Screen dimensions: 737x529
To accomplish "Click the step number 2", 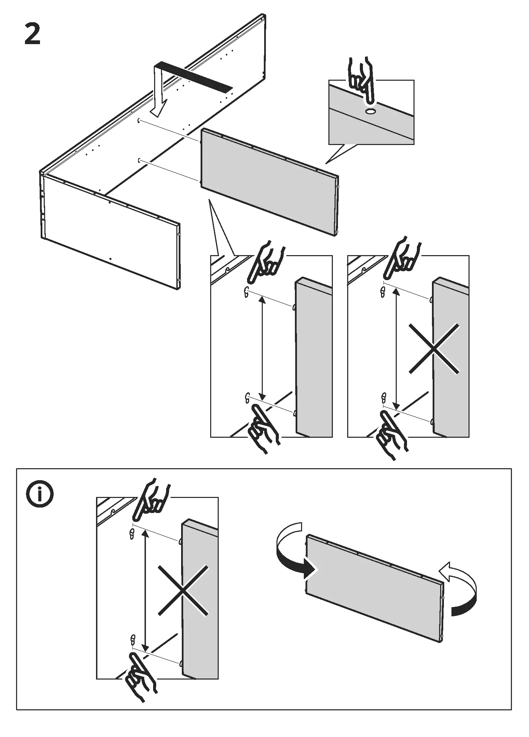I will (x=32, y=35).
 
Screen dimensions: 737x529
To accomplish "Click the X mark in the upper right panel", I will (x=433, y=348).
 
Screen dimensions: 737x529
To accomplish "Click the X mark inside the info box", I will (x=183, y=590).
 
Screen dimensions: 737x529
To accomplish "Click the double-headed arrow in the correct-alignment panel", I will (x=262, y=348).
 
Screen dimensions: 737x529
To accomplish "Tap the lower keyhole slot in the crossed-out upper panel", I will (x=383, y=398).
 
